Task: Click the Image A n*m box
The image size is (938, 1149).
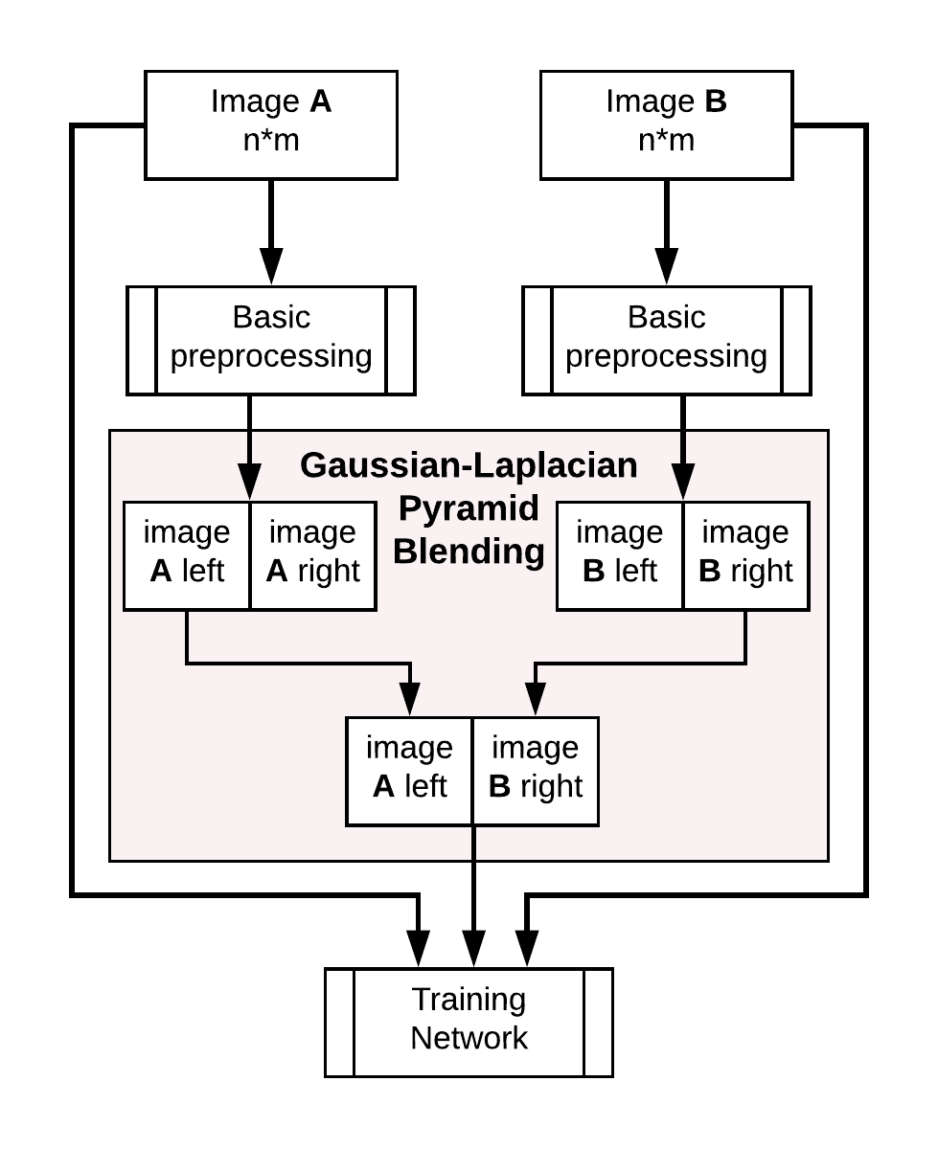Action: click(271, 124)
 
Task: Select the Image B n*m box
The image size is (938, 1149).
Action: click(666, 124)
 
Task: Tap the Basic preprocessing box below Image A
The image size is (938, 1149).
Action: click(271, 340)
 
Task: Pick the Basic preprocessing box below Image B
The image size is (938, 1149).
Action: click(666, 340)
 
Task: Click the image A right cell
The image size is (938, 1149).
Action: click(312, 555)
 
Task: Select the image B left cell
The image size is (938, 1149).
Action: click(619, 555)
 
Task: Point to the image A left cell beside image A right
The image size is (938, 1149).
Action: click(187, 555)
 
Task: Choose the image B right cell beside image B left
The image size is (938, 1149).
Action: click(745, 555)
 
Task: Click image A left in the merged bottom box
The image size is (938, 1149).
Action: click(409, 771)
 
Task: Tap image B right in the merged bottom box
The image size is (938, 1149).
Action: click(536, 771)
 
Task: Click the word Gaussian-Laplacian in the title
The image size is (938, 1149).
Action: click(469, 465)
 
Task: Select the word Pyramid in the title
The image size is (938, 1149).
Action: click(469, 508)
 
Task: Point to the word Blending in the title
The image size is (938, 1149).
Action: click(469, 552)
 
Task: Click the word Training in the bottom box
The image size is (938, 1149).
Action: click(469, 999)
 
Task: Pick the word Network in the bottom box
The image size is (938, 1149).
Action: click(469, 1038)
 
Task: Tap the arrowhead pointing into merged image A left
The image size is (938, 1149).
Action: click(409, 699)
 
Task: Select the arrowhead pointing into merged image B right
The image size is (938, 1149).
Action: click(536, 699)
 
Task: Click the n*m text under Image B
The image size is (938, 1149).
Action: click(666, 141)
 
